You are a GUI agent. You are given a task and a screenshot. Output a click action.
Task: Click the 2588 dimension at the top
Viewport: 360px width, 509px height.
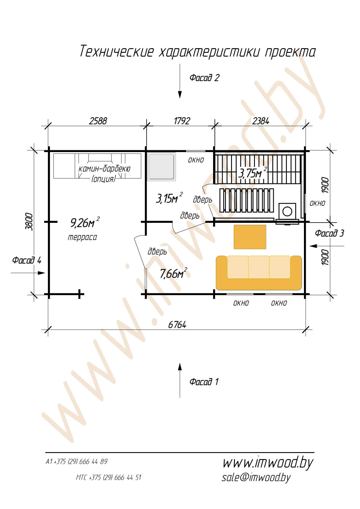pyautogui.click(x=98, y=121)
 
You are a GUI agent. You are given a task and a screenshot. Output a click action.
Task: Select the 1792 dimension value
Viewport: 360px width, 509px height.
pyautogui.click(x=182, y=121)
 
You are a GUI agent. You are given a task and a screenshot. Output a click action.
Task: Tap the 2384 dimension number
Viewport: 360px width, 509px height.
pyautogui.click(x=260, y=121)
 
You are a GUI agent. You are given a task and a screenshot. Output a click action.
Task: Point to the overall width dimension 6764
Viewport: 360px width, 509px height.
pyautogui.click(x=177, y=325)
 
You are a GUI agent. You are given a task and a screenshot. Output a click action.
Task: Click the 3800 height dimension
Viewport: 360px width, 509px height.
pyautogui.click(x=29, y=221)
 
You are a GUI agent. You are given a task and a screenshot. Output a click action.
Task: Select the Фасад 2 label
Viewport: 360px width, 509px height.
pyautogui.click(x=204, y=78)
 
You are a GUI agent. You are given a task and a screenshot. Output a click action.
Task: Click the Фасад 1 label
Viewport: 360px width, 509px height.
pyautogui.click(x=204, y=382)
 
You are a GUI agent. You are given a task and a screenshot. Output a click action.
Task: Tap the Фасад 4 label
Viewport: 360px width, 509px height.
pyautogui.click(x=27, y=260)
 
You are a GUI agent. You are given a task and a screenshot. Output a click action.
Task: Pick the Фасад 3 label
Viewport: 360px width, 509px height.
pyautogui.click(x=330, y=233)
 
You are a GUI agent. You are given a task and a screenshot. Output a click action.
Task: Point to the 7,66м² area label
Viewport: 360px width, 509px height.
pyautogui.click(x=173, y=273)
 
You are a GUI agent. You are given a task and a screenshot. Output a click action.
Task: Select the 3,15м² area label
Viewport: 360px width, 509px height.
pyautogui.click(x=169, y=198)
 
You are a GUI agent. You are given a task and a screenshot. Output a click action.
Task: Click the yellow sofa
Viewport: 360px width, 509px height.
pyautogui.click(x=259, y=273)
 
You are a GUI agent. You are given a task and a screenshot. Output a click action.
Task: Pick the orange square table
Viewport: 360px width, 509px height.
pyautogui.click(x=250, y=237)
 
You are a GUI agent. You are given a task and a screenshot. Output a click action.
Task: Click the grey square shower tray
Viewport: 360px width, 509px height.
pyautogui.click(x=162, y=167)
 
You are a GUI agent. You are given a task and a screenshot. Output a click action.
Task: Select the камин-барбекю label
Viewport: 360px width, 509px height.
pyautogui.click(x=105, y=169)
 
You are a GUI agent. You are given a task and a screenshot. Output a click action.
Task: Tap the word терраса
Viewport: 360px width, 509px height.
pyautogui.click(x=82, y=237)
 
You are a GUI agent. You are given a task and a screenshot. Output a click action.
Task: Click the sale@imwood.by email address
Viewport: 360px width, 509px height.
pyautogui.click(x=256, y=477)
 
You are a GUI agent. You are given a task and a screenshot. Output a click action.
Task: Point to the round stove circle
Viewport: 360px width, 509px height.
pyautogui.click(x=287, y=211)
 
